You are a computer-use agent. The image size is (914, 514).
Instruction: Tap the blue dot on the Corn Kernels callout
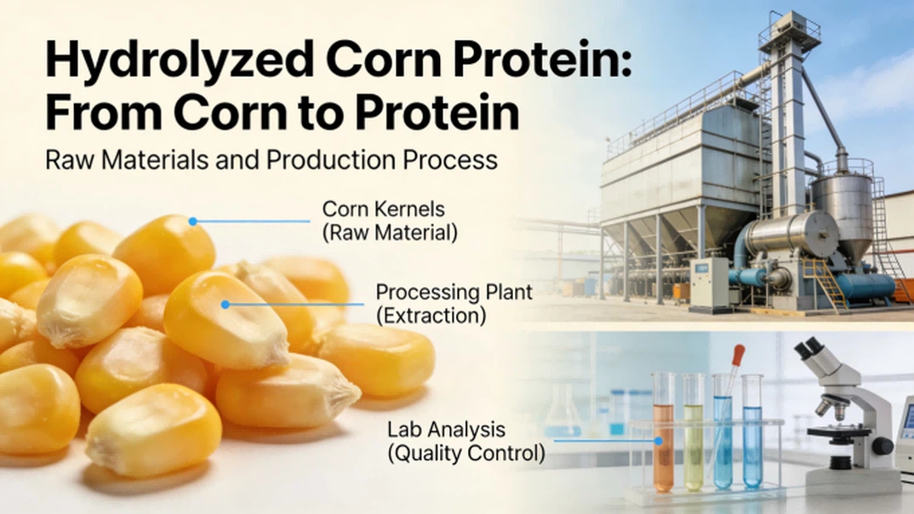[193, 221]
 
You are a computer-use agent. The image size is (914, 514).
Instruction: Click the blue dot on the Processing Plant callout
[226, 304]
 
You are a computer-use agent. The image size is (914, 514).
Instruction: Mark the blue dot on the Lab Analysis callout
[657, 441]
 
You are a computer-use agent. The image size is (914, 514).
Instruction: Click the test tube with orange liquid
[664, 434]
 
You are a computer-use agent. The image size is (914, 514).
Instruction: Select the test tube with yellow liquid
[694, 434]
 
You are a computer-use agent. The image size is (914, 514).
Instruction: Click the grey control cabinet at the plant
[708, 284]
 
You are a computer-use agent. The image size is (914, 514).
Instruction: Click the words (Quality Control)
[466, 453]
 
